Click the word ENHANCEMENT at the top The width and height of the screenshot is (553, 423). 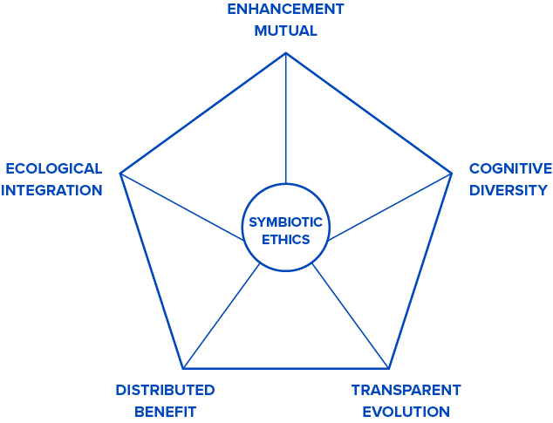[x=285, y=10]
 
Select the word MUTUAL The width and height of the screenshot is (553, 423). [x=285, y=31]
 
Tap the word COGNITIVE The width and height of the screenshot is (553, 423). [x=510, y=168]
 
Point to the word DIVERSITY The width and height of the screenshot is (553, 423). [x=509, y=189]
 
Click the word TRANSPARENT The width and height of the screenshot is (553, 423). [x=406, y=390]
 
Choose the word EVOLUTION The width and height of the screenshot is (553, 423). [x=406, y=411]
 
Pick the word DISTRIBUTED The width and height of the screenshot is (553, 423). [x=165, y=390]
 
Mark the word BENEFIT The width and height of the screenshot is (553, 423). [x=165, y=411]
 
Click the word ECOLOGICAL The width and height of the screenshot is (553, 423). [x=54, y=168]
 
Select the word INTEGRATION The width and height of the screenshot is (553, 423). [x=52, y=189]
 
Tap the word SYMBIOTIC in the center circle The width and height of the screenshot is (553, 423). [x=285, y=222]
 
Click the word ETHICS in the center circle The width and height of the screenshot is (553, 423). [x=285, y=239]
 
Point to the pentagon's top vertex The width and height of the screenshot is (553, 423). [x=285, y=53]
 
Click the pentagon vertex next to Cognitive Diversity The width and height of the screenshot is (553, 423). [x=452, y=173]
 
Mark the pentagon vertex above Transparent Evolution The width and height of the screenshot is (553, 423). [x=388, y=367]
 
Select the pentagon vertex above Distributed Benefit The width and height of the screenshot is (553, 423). [x=182, y=367]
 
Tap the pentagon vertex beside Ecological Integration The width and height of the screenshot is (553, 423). [x=119, y=173]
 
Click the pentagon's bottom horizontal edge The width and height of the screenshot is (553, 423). [x=285, y=367]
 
